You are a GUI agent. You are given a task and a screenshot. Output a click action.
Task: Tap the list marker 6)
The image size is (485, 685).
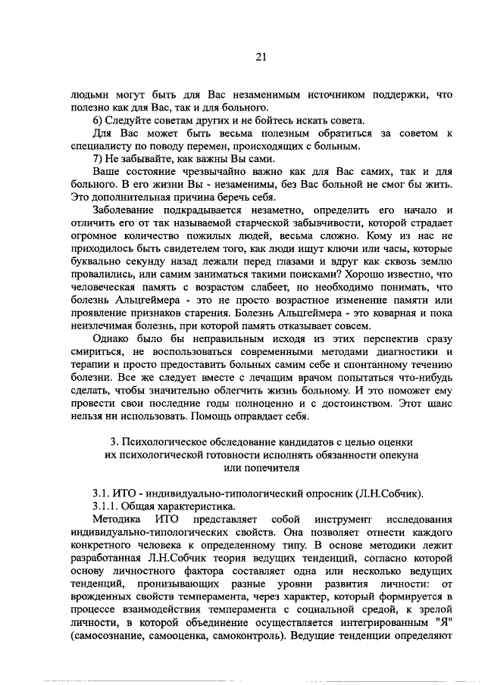[x=99, y=121]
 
